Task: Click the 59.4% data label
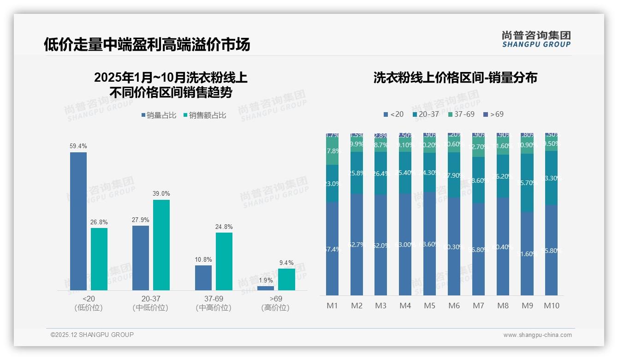click(78, 146)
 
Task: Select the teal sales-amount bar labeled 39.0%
click(161, 245)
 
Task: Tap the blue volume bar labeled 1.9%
click(266, 288)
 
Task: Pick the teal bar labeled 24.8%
click(224, 261)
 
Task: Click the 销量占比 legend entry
click(159, 115)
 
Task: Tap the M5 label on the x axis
click(429, 306)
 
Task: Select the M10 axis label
click(552, 306)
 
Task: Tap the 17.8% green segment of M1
click(332, 151)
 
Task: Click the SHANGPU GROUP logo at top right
click(536, 39)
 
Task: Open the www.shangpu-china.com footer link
click(537, 335)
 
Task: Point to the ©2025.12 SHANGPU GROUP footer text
click(92, 335)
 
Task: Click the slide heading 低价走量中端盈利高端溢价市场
click(147, 44)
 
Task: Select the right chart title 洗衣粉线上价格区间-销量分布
click(455, 78)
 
